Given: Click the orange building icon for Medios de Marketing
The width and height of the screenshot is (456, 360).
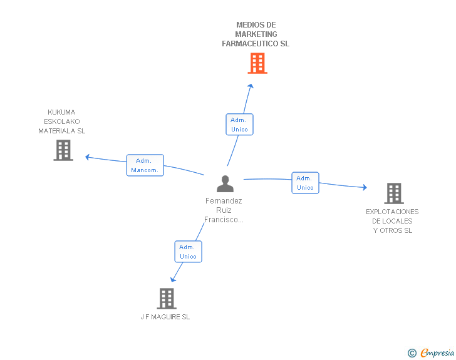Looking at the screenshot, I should click(257, 63).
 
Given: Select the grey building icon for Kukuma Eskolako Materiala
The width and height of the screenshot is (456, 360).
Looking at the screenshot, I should click(63, 150).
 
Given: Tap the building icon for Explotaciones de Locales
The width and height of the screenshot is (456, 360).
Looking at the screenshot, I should click(393, 193).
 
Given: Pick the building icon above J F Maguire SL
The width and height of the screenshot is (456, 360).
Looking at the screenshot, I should click(167, 299).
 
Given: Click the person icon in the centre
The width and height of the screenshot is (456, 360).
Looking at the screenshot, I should click(225, 184).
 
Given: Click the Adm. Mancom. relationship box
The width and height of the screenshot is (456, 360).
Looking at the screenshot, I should click(145, 165).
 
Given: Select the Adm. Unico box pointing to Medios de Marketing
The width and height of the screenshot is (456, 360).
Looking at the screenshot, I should click(239, 125).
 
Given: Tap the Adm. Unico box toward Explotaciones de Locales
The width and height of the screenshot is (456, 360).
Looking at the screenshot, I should click(305, 183).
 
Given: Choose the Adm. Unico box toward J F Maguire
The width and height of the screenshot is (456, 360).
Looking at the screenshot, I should click(188, 252).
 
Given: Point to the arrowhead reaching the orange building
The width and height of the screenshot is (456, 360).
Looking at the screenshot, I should click(251, 86).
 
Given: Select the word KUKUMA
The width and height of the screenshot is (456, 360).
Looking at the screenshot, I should click(61, 112).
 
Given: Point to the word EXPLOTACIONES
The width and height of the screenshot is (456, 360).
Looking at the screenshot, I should click(392, 212).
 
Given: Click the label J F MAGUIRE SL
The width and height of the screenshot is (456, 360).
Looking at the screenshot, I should click(165, 317).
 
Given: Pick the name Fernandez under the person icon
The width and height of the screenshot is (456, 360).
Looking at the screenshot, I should click(224, 201).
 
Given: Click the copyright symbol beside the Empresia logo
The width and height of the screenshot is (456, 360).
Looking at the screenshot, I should click(412, 353).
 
